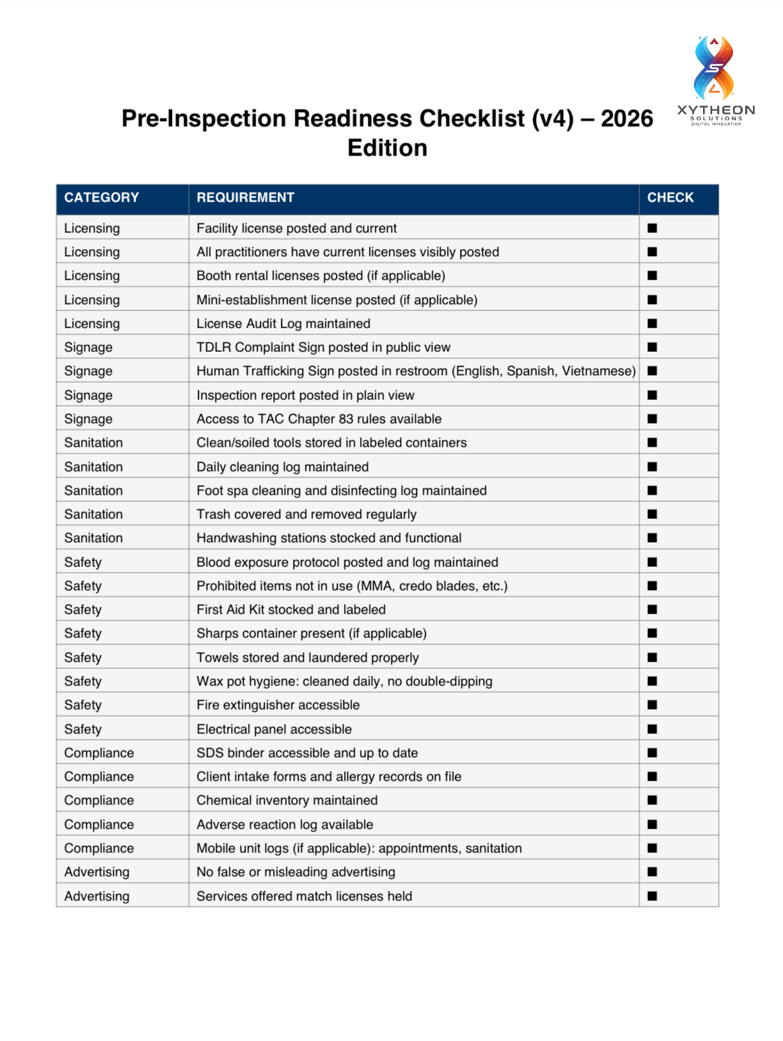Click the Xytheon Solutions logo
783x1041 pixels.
(716, 80)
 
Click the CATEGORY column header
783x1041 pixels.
(101, 198)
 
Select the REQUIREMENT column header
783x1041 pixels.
(245, 198)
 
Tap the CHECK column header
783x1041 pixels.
(670, 198)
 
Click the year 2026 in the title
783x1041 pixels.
(626, 119)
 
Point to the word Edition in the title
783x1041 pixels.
(387, 148)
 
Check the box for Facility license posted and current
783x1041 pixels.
(652, 228)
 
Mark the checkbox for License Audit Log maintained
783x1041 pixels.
(652, 324)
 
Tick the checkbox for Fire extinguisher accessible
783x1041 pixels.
(652, 705)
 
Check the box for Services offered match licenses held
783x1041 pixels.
(652, 896)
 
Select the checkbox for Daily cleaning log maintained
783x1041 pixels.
(652, 467)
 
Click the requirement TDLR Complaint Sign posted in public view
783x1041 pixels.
(323, 347)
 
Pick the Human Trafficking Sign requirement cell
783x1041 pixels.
(416, 371)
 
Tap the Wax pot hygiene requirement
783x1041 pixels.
(344, 681)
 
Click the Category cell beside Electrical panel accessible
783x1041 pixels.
(83, 729)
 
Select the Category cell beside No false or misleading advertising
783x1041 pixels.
(97, 872)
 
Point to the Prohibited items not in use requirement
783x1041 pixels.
(352, 586)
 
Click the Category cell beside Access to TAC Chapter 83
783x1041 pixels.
(88, 419)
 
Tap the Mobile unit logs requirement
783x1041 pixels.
(359, 848)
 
